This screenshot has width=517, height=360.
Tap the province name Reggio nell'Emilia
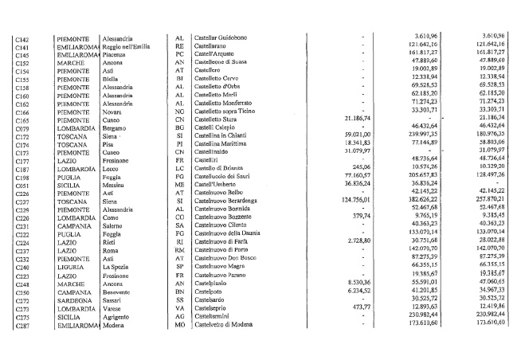[130, 47]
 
